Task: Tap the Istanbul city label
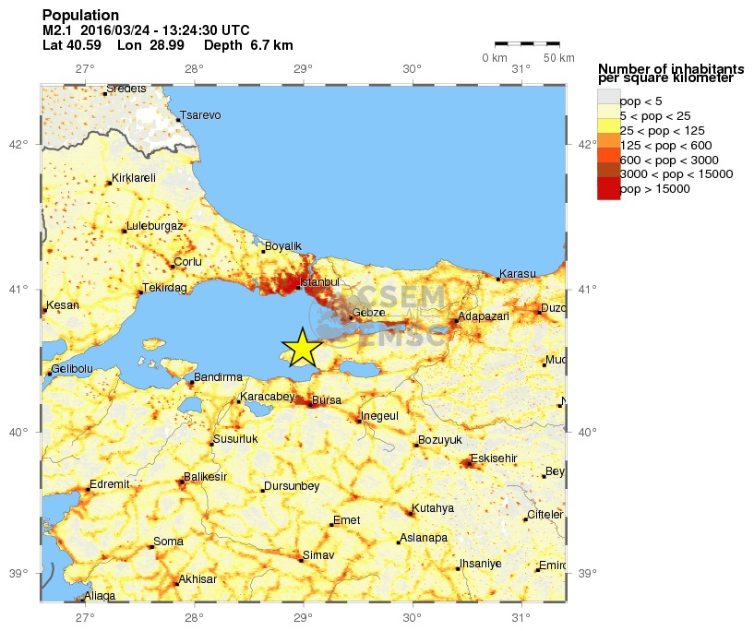[x=321, y=281]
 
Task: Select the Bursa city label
[x=327, y=400]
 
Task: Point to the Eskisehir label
[x=494, y=458]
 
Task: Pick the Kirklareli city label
[x=134, y=178]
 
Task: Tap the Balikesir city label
[x=205, y=476]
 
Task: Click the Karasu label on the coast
[x=517, y=274]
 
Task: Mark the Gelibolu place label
[x=71, y=369]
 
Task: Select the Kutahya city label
[x=433, y=507]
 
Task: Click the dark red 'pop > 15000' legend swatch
[x=608, y=188]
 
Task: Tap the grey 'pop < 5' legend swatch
[x=608, y=100]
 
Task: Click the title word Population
[x=80, y=16]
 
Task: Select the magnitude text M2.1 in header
[x=58, y=30]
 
